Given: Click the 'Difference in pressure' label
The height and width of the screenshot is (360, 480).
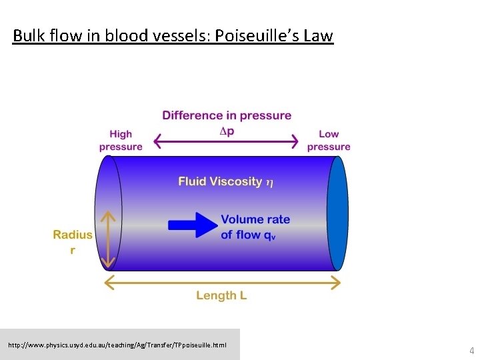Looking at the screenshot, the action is point(227,115).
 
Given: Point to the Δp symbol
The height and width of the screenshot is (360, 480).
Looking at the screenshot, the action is point(227,131).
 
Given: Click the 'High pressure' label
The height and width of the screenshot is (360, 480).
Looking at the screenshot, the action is point(121,141).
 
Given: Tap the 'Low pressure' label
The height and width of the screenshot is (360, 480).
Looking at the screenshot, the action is point(329,141).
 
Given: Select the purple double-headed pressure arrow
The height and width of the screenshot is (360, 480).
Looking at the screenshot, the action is point(226,141).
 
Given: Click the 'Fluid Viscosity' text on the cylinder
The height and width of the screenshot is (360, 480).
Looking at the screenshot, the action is point(220,181).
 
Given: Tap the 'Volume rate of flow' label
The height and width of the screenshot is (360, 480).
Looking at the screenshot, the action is point(255,227).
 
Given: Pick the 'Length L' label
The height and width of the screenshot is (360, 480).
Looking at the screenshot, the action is point(221,295).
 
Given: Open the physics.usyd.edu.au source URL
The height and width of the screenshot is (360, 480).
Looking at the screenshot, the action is point(117,345).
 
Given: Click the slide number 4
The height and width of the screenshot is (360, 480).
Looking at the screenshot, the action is point(471,351).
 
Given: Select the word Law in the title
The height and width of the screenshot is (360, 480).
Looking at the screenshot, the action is point(317,35).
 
